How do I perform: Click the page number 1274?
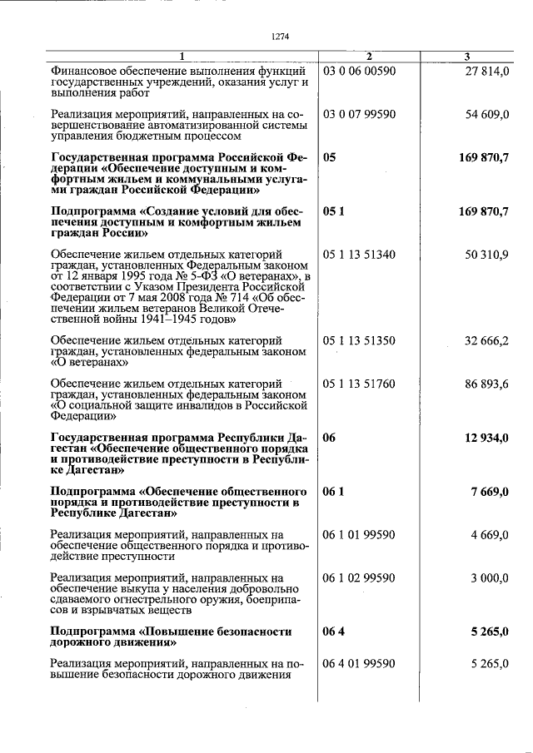pyautogui.click(x=280, y=35)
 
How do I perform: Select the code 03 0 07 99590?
pyautogui.click(x=359, y=113)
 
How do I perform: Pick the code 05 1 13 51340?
pyautogui.click(x=359, y=254)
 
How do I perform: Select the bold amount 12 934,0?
pyautogui.click(x=483, y=438)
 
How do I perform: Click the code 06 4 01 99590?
pyautogui.click(x=359, y=663)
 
